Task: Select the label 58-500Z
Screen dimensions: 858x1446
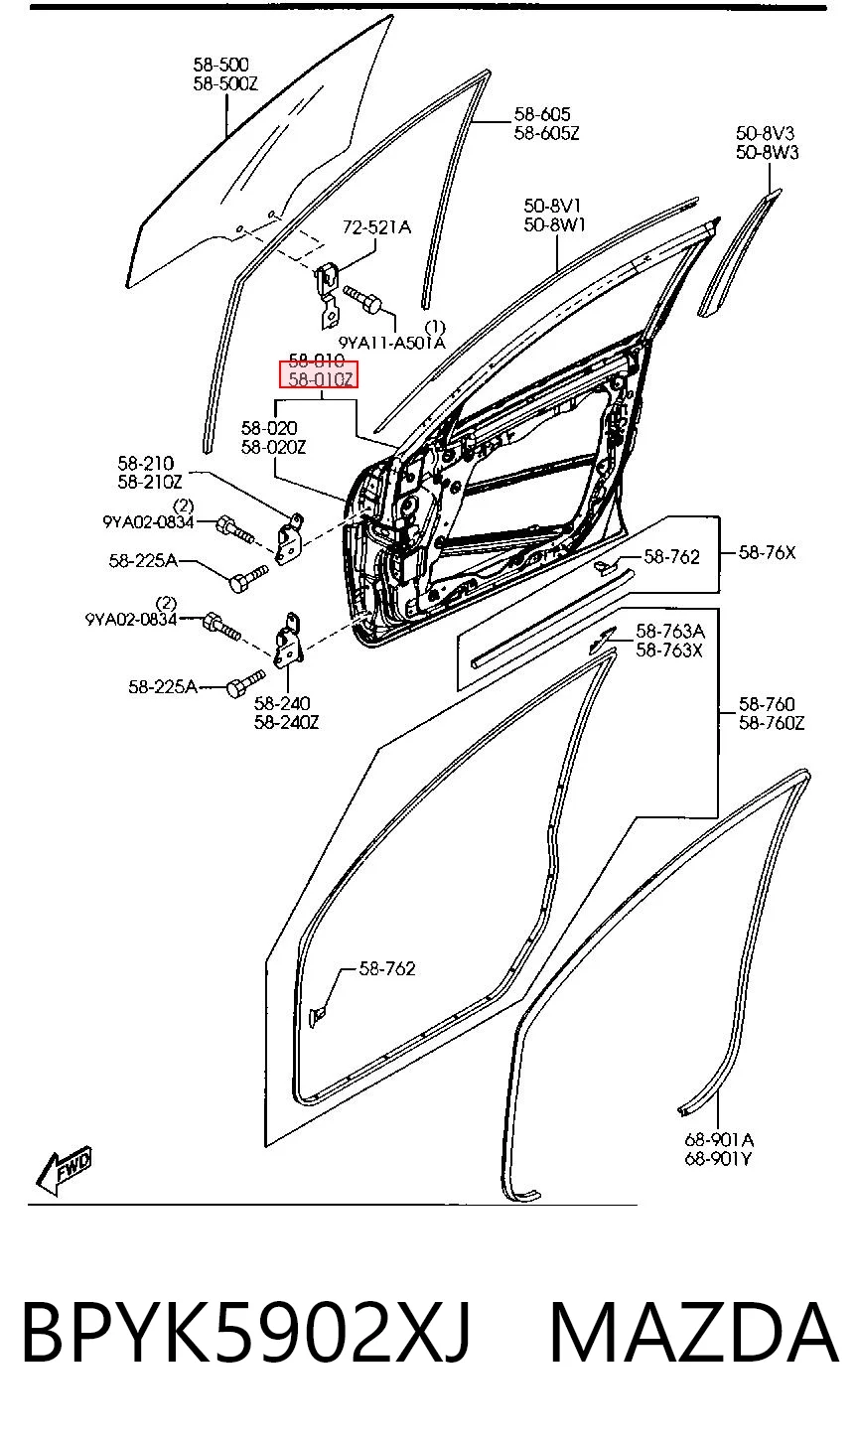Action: pyautogui.click(x=225, y=83)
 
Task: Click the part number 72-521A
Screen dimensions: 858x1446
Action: pyautogui.click(x=376, y=227)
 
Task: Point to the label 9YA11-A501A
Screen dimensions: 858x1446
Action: pyautogui.click(x=392, y=343)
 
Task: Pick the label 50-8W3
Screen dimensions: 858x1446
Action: pyautogui.click(x=767, y=152)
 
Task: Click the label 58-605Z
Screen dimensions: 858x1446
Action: pyautogui.click(x=547, y=133)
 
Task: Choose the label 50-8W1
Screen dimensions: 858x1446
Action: pyautogui.click(x=554, y=224)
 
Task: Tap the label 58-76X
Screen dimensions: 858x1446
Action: pyautogui.click(x=767, y=552)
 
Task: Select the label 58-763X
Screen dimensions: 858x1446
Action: pyautogui.click(x=669, y=651)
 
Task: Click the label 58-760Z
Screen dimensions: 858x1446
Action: pyautogui.click(x=772, y=723)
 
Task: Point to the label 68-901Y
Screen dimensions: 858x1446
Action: pyautogui.click(x=718, y=1159)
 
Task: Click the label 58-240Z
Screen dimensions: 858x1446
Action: pyautogui.click(x=287, y=722)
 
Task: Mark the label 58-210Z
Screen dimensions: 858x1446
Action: pyautogui.click(x=150, y=482)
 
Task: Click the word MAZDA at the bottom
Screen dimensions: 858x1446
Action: pyautogui.click(x=694, y=1333)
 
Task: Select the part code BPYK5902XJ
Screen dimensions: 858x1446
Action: pyautogui.click(x=246, y=1333)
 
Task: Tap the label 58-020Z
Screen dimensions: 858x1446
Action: pyautogui.click(x=273, y=447)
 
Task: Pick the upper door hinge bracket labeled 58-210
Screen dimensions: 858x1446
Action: pyautogui.click(x=291, y=537)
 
